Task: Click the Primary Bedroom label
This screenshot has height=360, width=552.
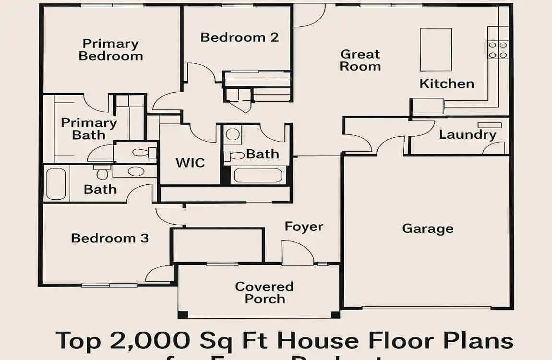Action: coord(110,50)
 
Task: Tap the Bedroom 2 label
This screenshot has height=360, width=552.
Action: coord(240,37)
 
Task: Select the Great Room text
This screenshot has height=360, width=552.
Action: coord(360,60)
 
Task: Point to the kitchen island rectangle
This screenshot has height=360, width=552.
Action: coord(436,49)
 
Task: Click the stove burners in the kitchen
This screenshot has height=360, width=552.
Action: coord(498,50)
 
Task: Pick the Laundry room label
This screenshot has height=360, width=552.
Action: coord(467,134)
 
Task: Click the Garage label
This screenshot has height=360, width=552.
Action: coord(427,228)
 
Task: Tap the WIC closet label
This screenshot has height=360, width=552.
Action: coord(190,162)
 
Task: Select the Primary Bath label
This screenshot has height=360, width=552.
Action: coord(89,129)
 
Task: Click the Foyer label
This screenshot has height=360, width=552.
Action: coord(304,227)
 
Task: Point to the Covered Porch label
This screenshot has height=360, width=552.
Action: coord(264,292)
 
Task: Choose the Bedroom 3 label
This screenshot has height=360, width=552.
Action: coord(110,238)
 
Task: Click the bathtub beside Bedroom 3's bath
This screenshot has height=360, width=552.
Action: coord(56,183)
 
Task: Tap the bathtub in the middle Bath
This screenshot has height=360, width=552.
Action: coord(258,175)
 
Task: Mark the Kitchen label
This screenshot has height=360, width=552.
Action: coord(446,84)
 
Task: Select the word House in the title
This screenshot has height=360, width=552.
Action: coord(317,340)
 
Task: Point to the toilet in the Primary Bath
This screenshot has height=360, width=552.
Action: coord(142,153)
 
